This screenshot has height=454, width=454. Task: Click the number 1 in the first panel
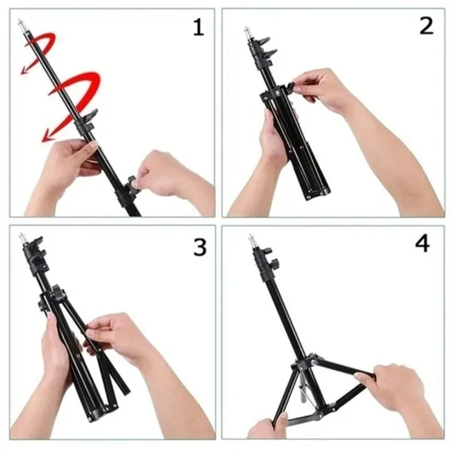pyautogui.click(x=198, y=27)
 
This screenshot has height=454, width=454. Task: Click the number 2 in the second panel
pyautogui.click(x=425, y=26)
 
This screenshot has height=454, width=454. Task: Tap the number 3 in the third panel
pyautogui.click(x=200, y=247)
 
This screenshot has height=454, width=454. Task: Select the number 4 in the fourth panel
pyautogui.click(x=422, y=245)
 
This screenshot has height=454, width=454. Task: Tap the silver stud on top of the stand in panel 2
pyautogui.click(x=247, y=30)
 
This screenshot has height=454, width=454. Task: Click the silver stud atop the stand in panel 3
pyautogui.click(x=21, y=236)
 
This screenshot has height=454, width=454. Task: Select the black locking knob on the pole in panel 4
pyautogui.click(x=274, y=263)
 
